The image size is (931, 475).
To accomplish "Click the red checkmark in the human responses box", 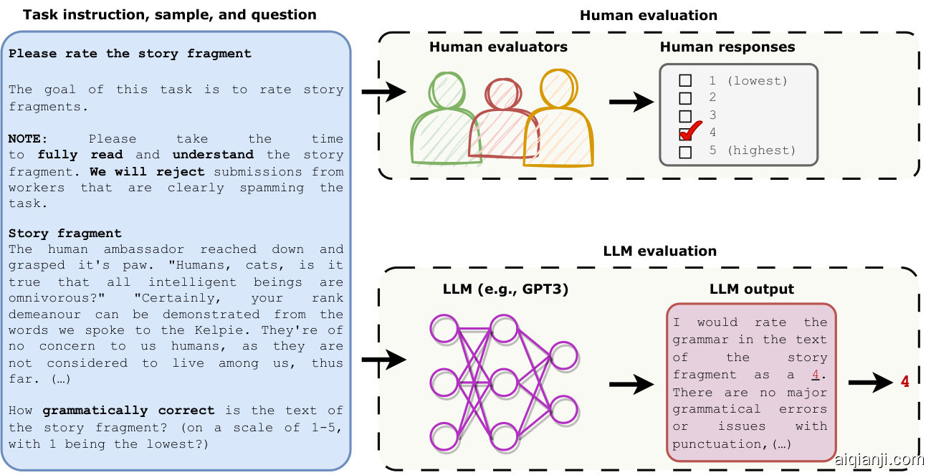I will point(689,132).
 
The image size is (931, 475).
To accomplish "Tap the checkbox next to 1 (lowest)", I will point(685,81).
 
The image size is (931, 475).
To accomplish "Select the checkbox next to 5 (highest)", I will point(685,151).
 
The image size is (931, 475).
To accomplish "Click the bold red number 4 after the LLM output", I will point(905,382).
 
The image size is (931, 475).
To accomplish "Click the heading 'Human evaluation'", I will point(648,15).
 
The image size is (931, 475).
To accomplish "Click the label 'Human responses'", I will point(727,47).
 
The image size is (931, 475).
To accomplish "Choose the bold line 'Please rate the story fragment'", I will point(130,54).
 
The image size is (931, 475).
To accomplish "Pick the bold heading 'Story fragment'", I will point(65,234).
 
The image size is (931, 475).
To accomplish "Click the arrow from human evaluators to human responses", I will point(631,102).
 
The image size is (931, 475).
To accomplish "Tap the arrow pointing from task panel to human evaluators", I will point(384,92).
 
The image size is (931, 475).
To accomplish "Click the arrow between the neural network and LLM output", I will point(631,385).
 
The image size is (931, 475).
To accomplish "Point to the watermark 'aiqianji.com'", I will point(879,460).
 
